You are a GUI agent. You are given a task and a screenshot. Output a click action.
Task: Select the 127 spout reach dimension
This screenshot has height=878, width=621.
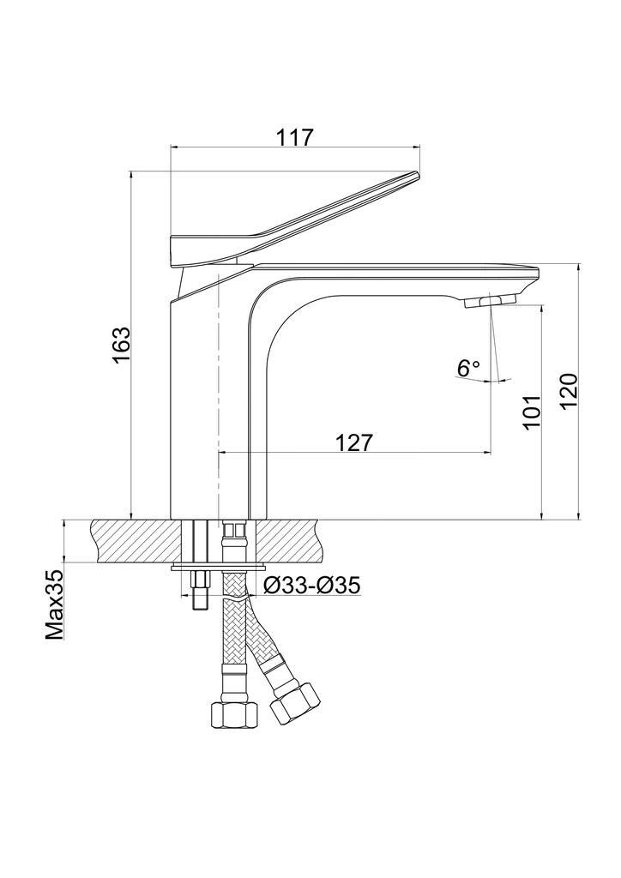point(353,442)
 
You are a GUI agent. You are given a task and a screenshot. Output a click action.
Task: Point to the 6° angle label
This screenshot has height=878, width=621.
point(468,369)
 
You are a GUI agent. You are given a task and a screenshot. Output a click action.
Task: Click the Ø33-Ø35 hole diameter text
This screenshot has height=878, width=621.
point(311,586)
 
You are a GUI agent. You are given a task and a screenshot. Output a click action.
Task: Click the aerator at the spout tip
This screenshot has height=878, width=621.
point(490,300)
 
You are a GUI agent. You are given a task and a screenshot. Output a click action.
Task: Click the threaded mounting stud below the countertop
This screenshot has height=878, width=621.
point(198,592)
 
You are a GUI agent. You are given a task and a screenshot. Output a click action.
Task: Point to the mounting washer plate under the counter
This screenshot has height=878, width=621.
point(219,566)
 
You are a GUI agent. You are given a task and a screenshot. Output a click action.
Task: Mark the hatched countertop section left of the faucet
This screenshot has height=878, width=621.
point(129,540)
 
